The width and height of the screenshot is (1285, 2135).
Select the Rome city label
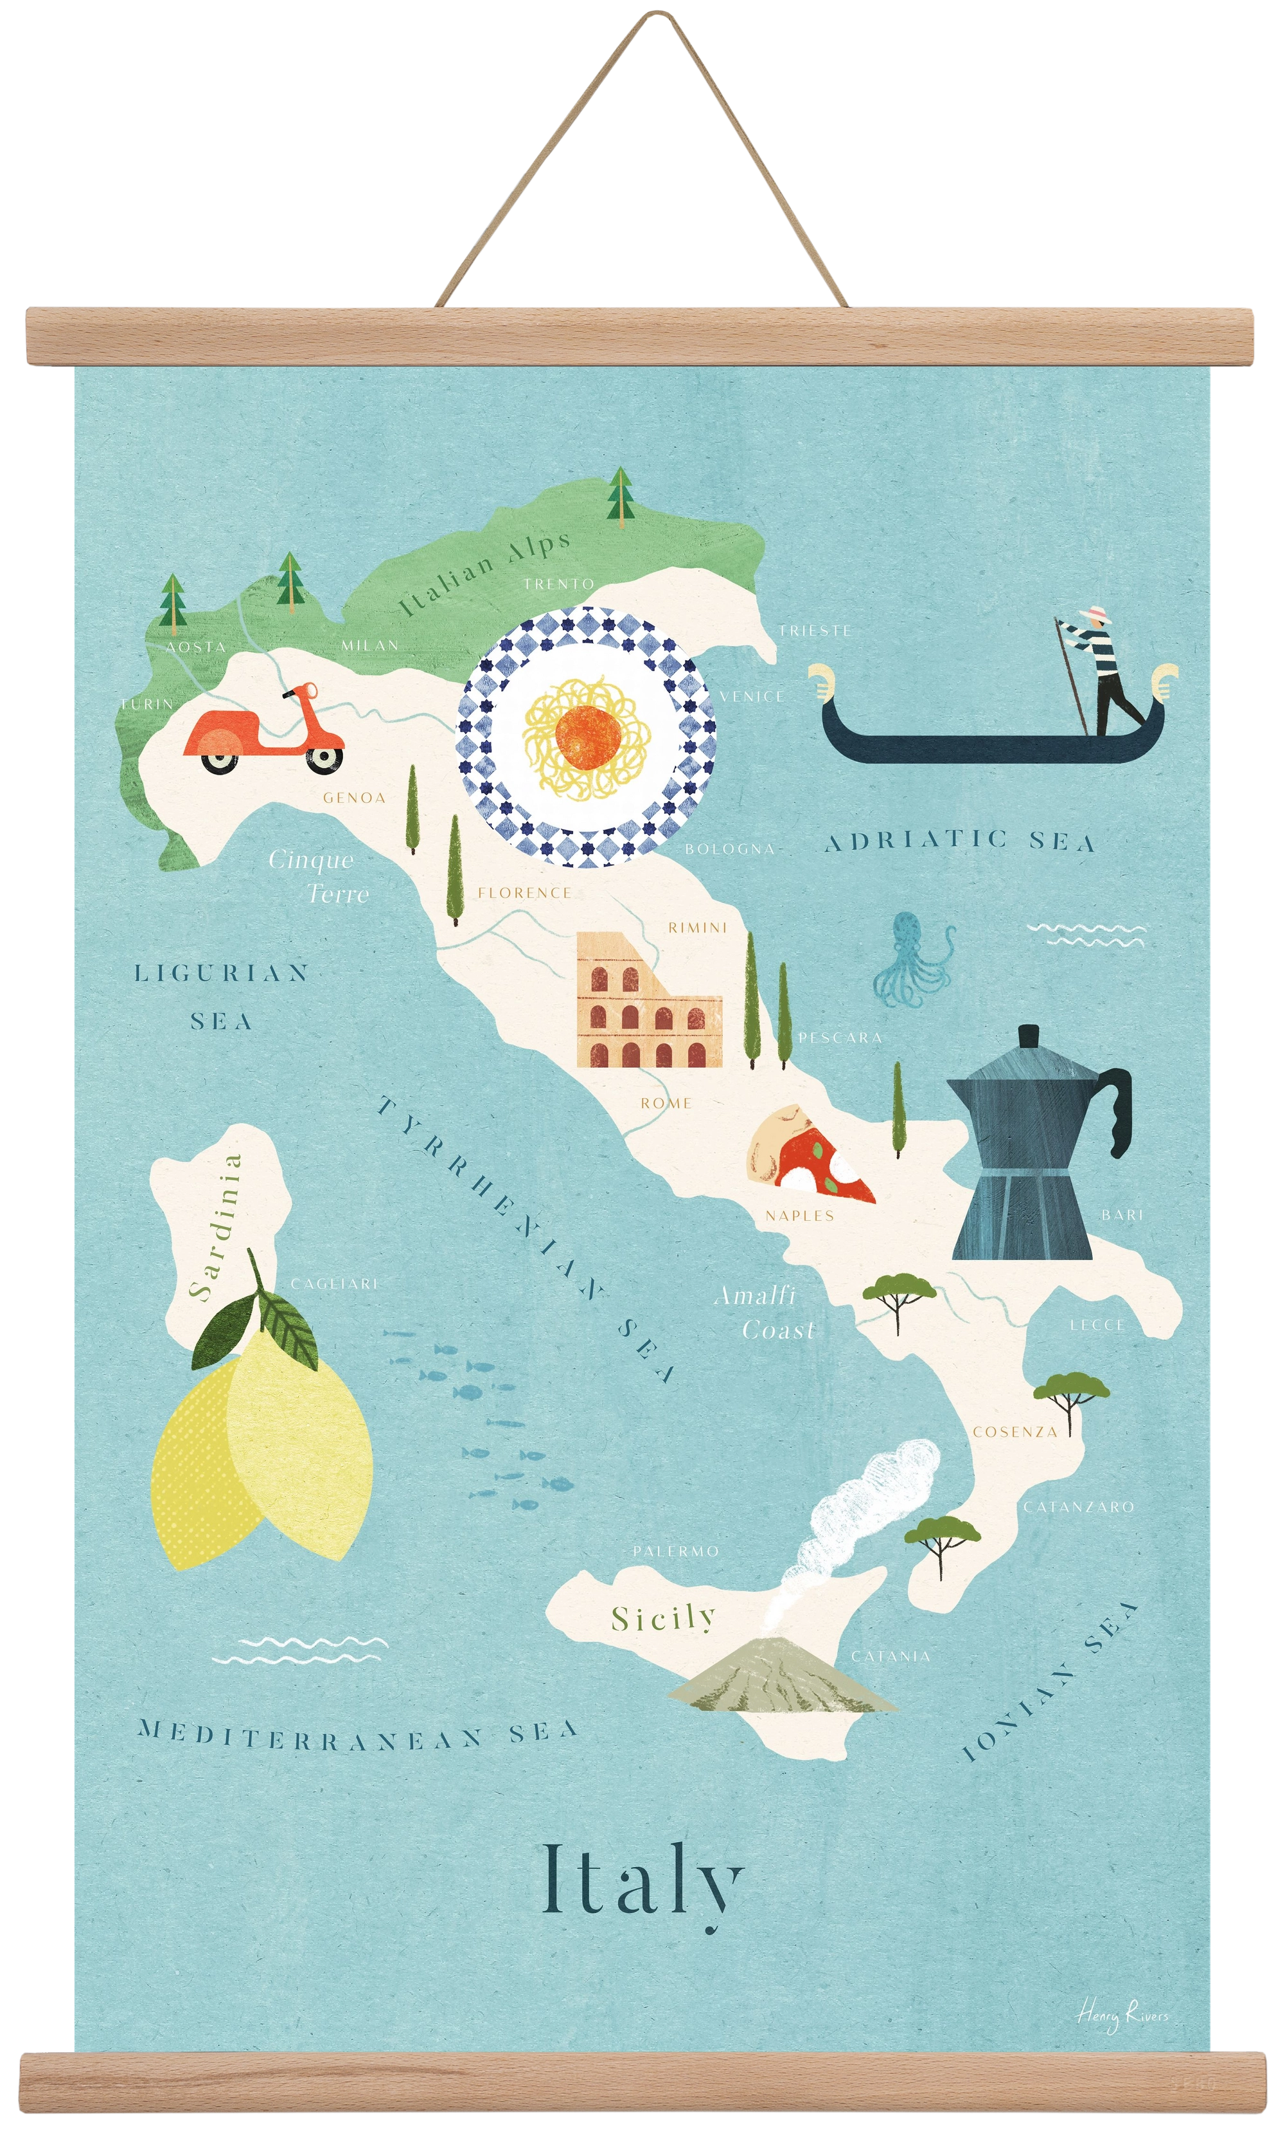tap(666, 1103)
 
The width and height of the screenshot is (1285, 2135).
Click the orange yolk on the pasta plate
tap(588, 736)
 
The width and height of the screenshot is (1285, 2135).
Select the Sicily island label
tap(663, 1618)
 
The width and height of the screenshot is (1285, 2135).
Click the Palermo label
tap(675, 1551)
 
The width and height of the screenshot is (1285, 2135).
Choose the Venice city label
tap(752, 696)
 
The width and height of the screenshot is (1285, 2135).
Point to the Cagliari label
tap(334, 1284)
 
